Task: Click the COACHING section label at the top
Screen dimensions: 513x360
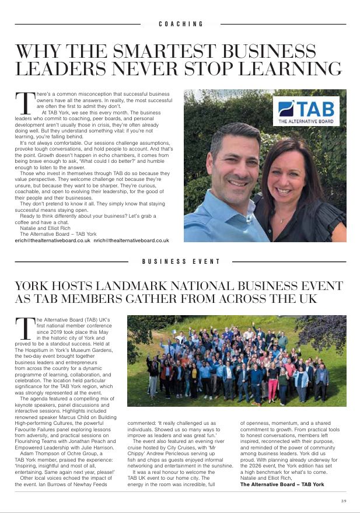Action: (x=181, y=24)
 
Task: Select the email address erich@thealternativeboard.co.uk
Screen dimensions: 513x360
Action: (x=53, y=240)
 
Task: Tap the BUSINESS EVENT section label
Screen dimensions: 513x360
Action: (x=181, y=262)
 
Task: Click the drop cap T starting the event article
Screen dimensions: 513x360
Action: (x=26, y=329)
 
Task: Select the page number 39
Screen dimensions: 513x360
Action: (x=344, y=500)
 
